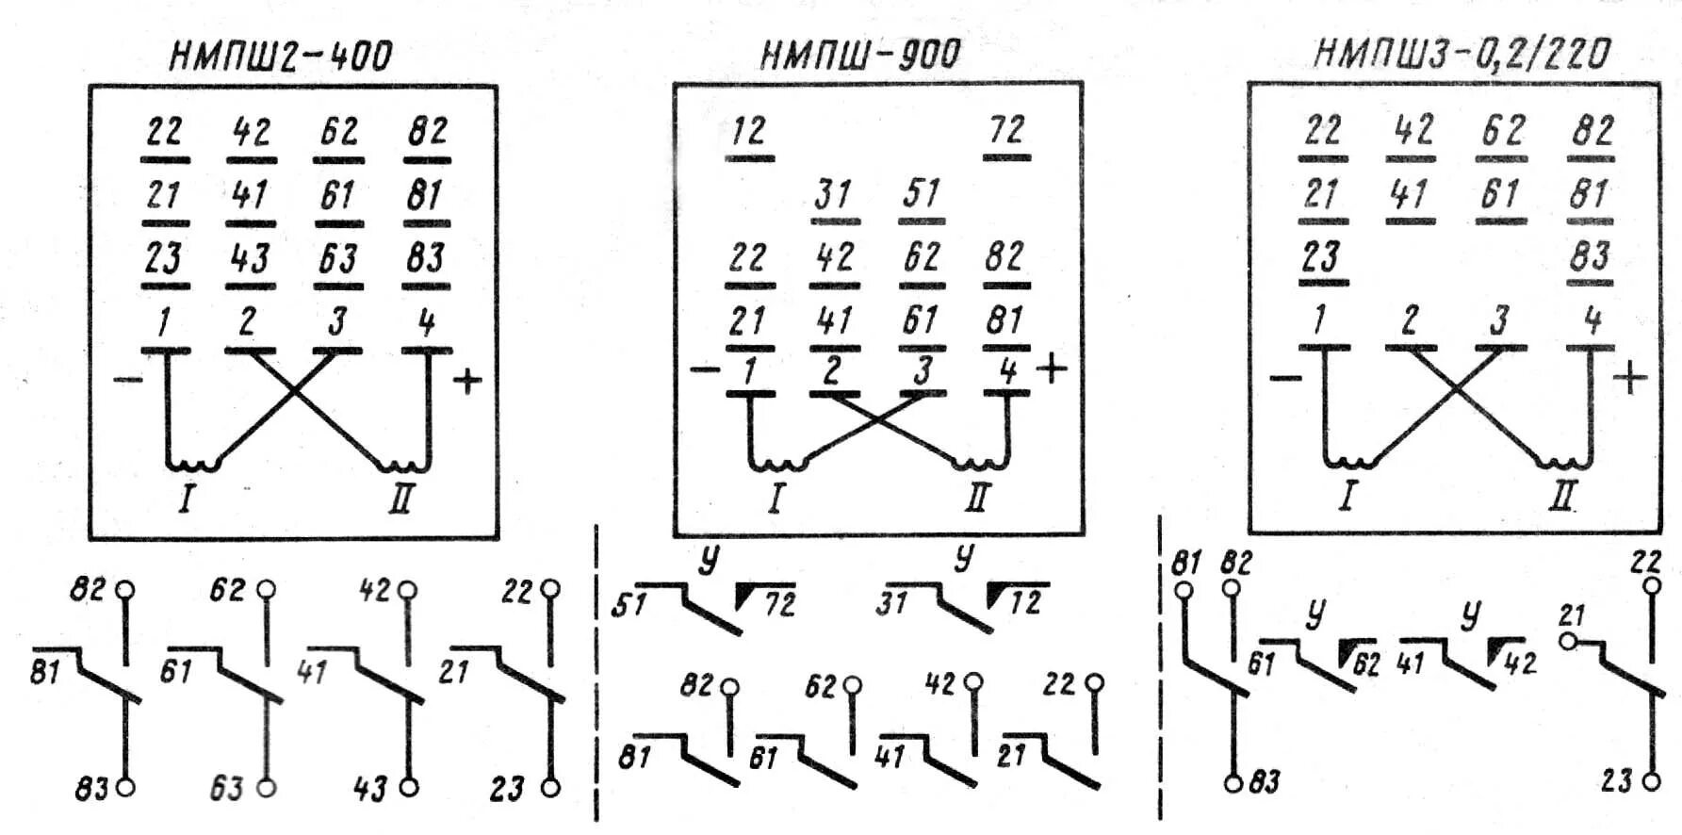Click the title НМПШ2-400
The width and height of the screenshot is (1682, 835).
280,56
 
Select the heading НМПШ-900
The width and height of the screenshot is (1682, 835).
859,55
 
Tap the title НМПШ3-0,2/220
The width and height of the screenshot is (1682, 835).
1462,54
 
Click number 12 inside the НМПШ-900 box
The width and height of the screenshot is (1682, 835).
749,131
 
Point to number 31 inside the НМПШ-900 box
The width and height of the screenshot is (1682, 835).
834,195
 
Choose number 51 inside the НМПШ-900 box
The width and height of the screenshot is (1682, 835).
921,194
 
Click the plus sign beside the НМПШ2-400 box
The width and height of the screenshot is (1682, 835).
467,381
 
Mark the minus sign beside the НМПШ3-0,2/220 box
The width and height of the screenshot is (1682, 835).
1285,379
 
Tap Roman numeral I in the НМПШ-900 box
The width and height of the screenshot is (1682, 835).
775,498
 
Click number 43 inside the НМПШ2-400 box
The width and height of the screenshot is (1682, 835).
250,258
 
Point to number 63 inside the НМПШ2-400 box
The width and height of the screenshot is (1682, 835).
337,258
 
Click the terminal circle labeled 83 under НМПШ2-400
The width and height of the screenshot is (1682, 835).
124,786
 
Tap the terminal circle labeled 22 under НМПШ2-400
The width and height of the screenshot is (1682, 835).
550,590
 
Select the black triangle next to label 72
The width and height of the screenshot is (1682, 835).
746,595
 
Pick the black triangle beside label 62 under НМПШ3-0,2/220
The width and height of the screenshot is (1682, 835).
1347,650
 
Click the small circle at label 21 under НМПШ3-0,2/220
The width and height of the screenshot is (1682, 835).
1568,641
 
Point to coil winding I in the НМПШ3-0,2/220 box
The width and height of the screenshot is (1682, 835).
1349,462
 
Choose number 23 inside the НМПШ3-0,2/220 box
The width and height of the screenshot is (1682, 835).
1321,256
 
